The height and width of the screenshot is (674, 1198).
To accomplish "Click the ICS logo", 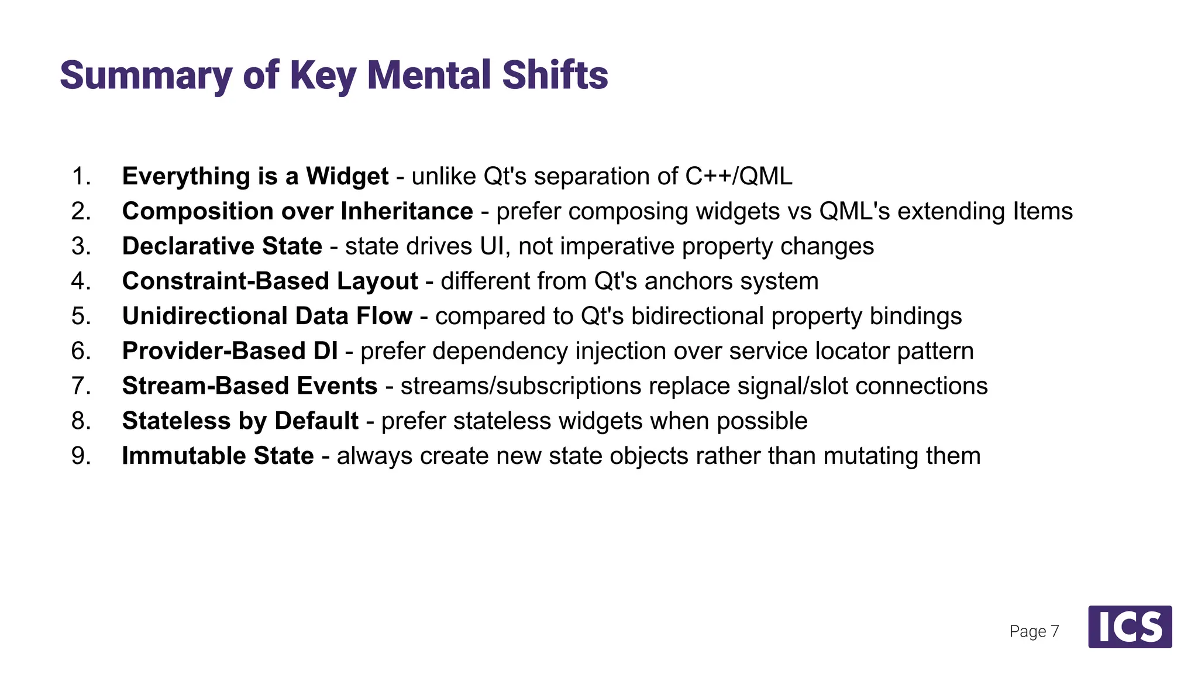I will point(1130,627).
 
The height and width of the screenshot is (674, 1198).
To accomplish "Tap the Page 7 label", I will point(1034,631).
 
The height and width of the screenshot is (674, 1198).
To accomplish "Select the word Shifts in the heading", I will point(555,76).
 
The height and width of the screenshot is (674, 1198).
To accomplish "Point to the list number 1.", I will point(81,176).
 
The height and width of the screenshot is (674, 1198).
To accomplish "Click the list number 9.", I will point(81,456).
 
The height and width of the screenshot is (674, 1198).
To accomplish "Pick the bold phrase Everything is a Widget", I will point(255,176).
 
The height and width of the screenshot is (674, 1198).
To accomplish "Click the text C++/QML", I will point(739,176).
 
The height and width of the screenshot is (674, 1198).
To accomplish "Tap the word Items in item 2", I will point(1043,211).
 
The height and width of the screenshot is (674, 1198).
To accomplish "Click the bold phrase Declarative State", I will point(222,246).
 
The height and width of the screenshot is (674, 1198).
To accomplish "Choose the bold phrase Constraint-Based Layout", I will point(270,281).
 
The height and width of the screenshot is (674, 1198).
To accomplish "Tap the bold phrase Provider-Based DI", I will point(230,351).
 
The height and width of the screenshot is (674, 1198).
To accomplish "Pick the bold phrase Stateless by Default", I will point(240,421).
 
